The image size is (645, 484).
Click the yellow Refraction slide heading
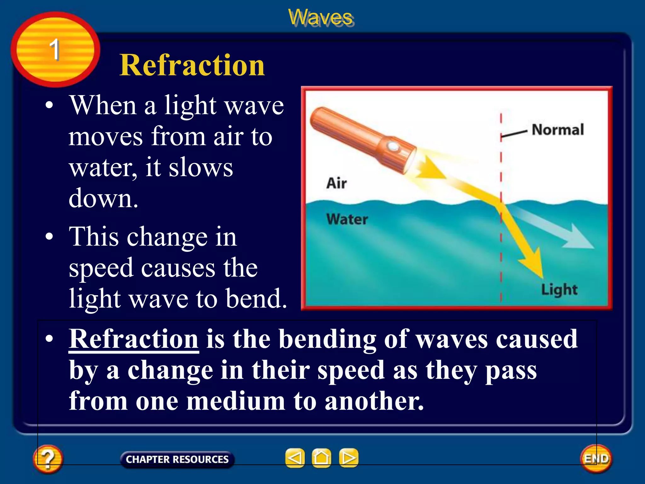(192, 66)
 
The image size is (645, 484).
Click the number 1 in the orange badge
(54, 49)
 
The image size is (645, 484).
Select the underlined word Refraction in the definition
(134, 339)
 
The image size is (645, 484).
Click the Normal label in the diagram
(557, 130)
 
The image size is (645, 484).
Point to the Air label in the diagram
(336, 183)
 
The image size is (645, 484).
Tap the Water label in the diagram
(347, 219)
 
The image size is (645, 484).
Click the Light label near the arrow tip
(559, 289)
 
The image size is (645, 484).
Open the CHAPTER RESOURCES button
(177, 459)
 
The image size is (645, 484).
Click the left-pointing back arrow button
(295, 458)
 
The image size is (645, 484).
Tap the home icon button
(321, 458)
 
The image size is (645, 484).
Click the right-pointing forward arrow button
(349, 458)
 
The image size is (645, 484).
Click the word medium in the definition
(236, 401)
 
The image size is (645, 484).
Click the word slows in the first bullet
(201, 168)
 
